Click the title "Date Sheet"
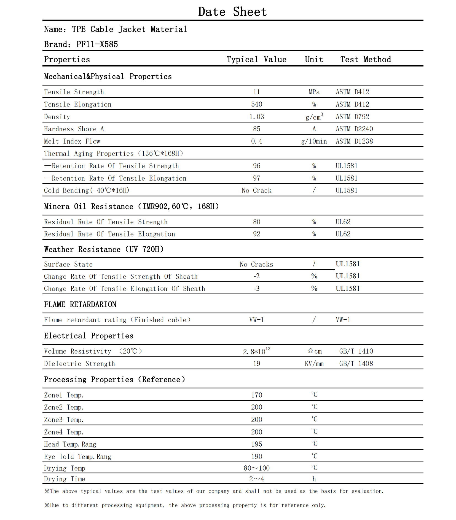(232, 12)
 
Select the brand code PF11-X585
(97, 44)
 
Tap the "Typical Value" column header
(256, 59)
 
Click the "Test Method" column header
(366, 59)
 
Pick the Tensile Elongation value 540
(256, 104)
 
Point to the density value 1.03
(256, 117)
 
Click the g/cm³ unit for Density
(314, 117)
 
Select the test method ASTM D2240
(354, 129)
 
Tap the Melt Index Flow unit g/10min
(314, 141)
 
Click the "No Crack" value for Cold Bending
(256, 190)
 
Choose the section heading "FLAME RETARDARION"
(80, 304)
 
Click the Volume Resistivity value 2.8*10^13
(256, 351)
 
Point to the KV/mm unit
(314, 364)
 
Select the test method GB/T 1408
(356, 364)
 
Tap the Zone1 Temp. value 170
(256, 395)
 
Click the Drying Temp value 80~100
(256, 468)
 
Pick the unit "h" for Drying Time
(314, 479)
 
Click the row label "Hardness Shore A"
(74, 129)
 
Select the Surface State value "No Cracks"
(256, 264)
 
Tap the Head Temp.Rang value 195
(256, 444)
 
